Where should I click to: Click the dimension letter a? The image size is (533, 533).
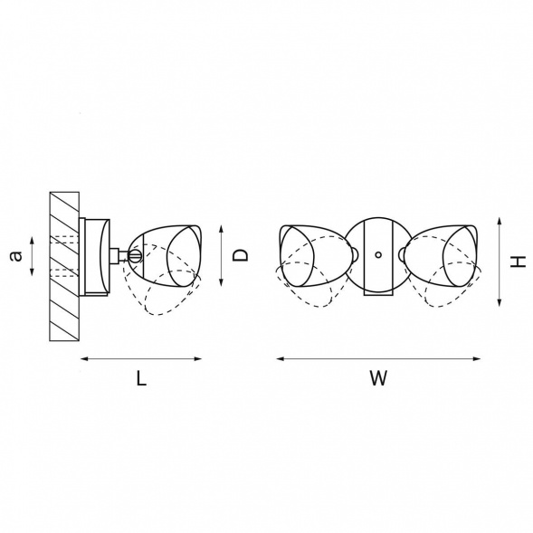point(16,256)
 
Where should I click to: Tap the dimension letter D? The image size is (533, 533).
point(241,255)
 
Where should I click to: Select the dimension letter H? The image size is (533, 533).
point(519,262)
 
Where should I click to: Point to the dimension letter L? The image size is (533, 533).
point(141,378)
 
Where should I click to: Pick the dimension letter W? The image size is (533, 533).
point(378,378)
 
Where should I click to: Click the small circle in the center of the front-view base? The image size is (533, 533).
point(378,254)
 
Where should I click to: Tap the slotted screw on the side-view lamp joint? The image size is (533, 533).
point(136,255)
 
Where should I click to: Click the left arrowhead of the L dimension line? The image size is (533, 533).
point(84,358)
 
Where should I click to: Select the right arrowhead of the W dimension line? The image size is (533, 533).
point(477,358)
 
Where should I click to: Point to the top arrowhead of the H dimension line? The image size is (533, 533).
point(500,222)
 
